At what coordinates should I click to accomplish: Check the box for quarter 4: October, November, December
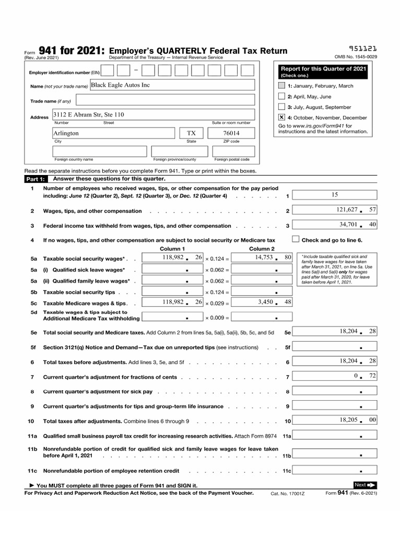282,118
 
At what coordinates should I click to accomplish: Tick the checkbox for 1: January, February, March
282,86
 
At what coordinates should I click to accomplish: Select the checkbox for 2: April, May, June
282,97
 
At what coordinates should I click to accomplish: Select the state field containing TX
191,133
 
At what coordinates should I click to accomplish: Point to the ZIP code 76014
231,133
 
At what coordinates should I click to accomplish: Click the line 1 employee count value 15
335,195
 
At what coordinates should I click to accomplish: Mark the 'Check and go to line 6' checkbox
296,239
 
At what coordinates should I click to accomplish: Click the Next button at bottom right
365,485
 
